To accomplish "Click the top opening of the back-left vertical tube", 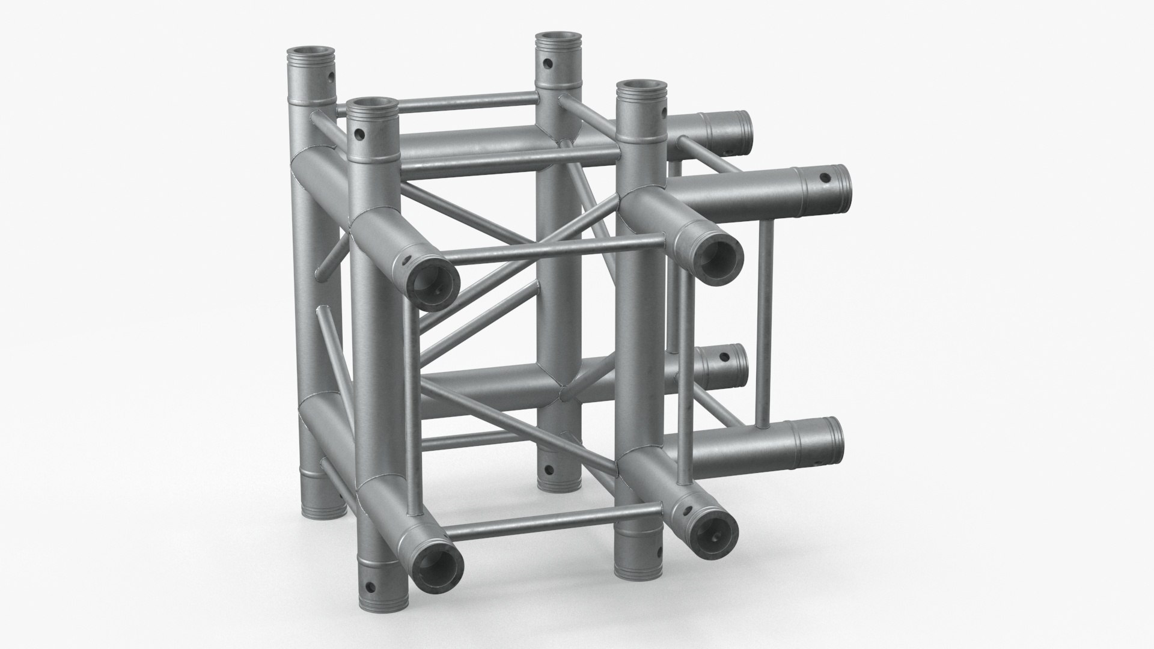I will click(x=311, y=52).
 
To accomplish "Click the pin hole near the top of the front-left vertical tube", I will click(x=359, y=135).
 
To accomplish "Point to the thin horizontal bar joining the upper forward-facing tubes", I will click(x=559, y=251).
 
